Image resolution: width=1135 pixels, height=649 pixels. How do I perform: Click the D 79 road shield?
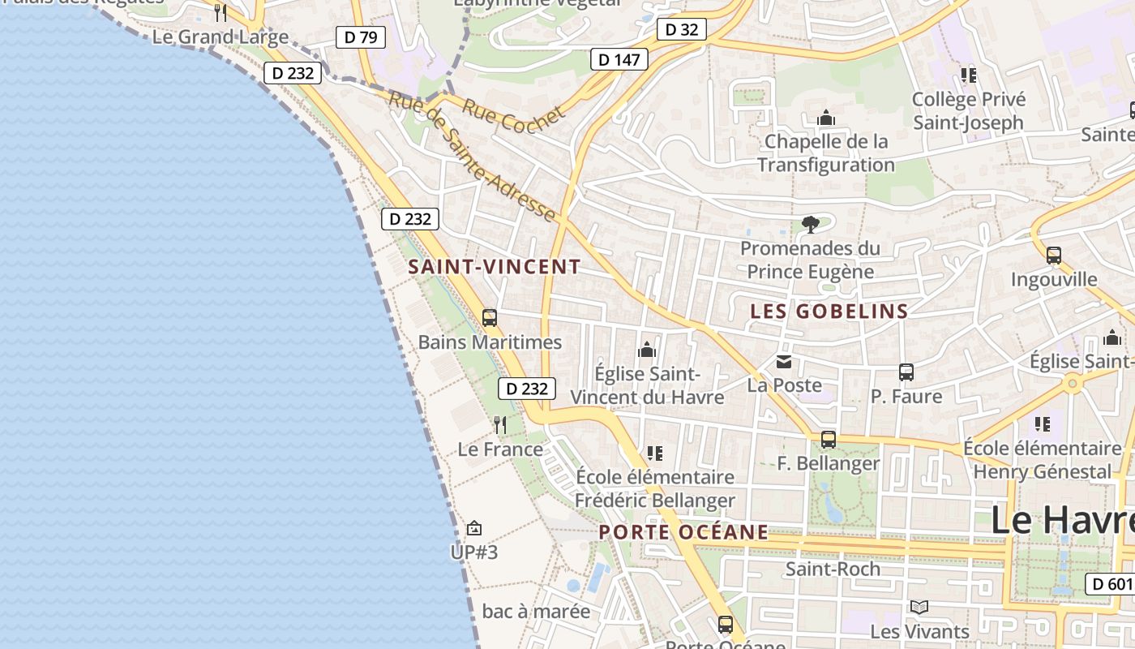360,37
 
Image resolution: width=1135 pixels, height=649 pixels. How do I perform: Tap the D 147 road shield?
619,58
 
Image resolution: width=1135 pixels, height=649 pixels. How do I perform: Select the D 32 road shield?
681,29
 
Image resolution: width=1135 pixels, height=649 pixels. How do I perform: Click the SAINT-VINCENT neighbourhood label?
495,266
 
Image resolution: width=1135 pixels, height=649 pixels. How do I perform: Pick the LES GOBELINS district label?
829,312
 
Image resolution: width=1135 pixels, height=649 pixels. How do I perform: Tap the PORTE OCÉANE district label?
683,532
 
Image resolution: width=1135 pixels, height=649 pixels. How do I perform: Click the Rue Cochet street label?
513,117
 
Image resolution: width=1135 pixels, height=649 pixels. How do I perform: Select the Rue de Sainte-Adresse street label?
473,157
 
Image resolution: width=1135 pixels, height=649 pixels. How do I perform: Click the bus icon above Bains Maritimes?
490,317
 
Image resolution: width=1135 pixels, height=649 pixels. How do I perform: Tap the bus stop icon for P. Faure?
906,372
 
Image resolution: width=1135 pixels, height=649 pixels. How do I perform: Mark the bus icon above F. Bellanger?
828,440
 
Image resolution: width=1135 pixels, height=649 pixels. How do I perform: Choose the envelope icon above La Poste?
784,362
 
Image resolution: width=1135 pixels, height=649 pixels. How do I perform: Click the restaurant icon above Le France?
500,424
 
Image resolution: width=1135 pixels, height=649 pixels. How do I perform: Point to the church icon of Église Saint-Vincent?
647,350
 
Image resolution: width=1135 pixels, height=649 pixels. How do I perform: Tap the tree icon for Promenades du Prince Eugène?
809,224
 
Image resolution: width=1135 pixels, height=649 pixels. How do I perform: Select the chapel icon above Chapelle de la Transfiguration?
826,118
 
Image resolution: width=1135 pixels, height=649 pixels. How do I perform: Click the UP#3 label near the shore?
473,552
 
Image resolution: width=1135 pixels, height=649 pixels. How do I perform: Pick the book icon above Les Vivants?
919,607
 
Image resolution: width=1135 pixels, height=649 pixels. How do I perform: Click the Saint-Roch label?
833,569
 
